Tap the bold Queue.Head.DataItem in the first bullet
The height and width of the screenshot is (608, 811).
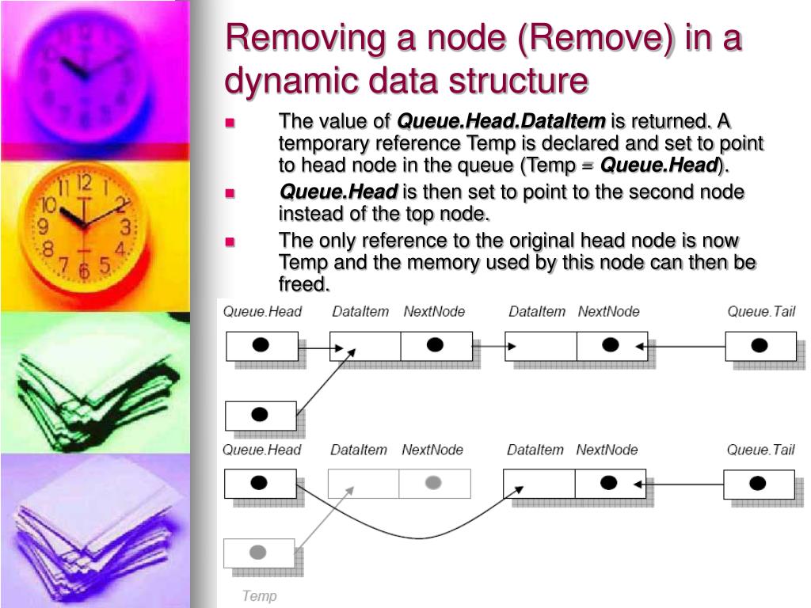(501, 121)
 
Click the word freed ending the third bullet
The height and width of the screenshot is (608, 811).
(304, 283)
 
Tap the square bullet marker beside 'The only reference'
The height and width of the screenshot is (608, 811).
(230, 242)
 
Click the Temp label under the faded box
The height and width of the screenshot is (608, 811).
(259, 595)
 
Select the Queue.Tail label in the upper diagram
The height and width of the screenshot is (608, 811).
(761, 311)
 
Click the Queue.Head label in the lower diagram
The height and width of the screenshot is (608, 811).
(261, 450)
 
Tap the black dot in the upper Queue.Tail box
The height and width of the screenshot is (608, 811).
(759, 345)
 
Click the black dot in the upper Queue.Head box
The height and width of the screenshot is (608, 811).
(260, 345)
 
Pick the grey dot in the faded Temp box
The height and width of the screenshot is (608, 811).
(257, 552)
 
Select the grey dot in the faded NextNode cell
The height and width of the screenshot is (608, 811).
(433, 482)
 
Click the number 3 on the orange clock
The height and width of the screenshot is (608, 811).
(125, 227)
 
